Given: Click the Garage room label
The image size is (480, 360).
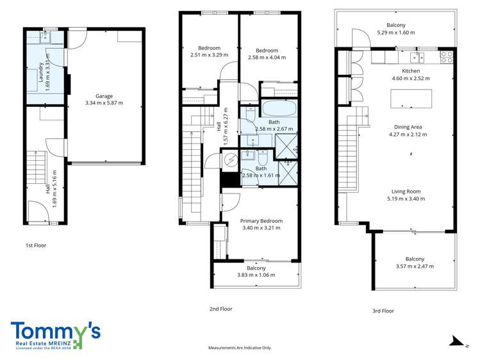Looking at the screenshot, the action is tap(104, 96).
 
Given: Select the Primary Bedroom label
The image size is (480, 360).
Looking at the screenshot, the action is tap(261, 221).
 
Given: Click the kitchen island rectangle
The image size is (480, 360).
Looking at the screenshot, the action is tap(411, 99).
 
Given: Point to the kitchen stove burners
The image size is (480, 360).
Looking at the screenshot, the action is tap(446, 57).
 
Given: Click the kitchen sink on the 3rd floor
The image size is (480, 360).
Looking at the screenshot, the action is tap(417, 57).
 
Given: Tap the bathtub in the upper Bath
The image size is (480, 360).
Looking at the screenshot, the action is tap(279, 109).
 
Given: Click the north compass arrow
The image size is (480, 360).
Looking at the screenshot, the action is tap(457, 341).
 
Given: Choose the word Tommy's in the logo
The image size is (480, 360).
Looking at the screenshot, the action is tap(55, 332).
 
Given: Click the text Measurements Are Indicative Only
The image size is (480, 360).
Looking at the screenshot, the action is tap(240, 348).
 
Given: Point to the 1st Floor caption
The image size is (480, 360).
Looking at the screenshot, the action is tap(36, 245).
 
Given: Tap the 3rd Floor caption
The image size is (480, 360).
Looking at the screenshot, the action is tap(383, 311).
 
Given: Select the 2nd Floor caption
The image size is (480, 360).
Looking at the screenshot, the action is tap(220, 309).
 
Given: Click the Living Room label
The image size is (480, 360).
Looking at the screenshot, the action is tap(406, 192).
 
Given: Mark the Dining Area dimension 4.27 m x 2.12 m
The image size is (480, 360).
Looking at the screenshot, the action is tap(408, 135).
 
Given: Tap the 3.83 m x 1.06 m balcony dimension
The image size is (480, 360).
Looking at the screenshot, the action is tap(256, 275).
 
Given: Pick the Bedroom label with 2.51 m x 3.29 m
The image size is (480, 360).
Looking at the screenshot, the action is tap(209, 48).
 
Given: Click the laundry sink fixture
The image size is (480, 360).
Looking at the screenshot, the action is tap(46, 37).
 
